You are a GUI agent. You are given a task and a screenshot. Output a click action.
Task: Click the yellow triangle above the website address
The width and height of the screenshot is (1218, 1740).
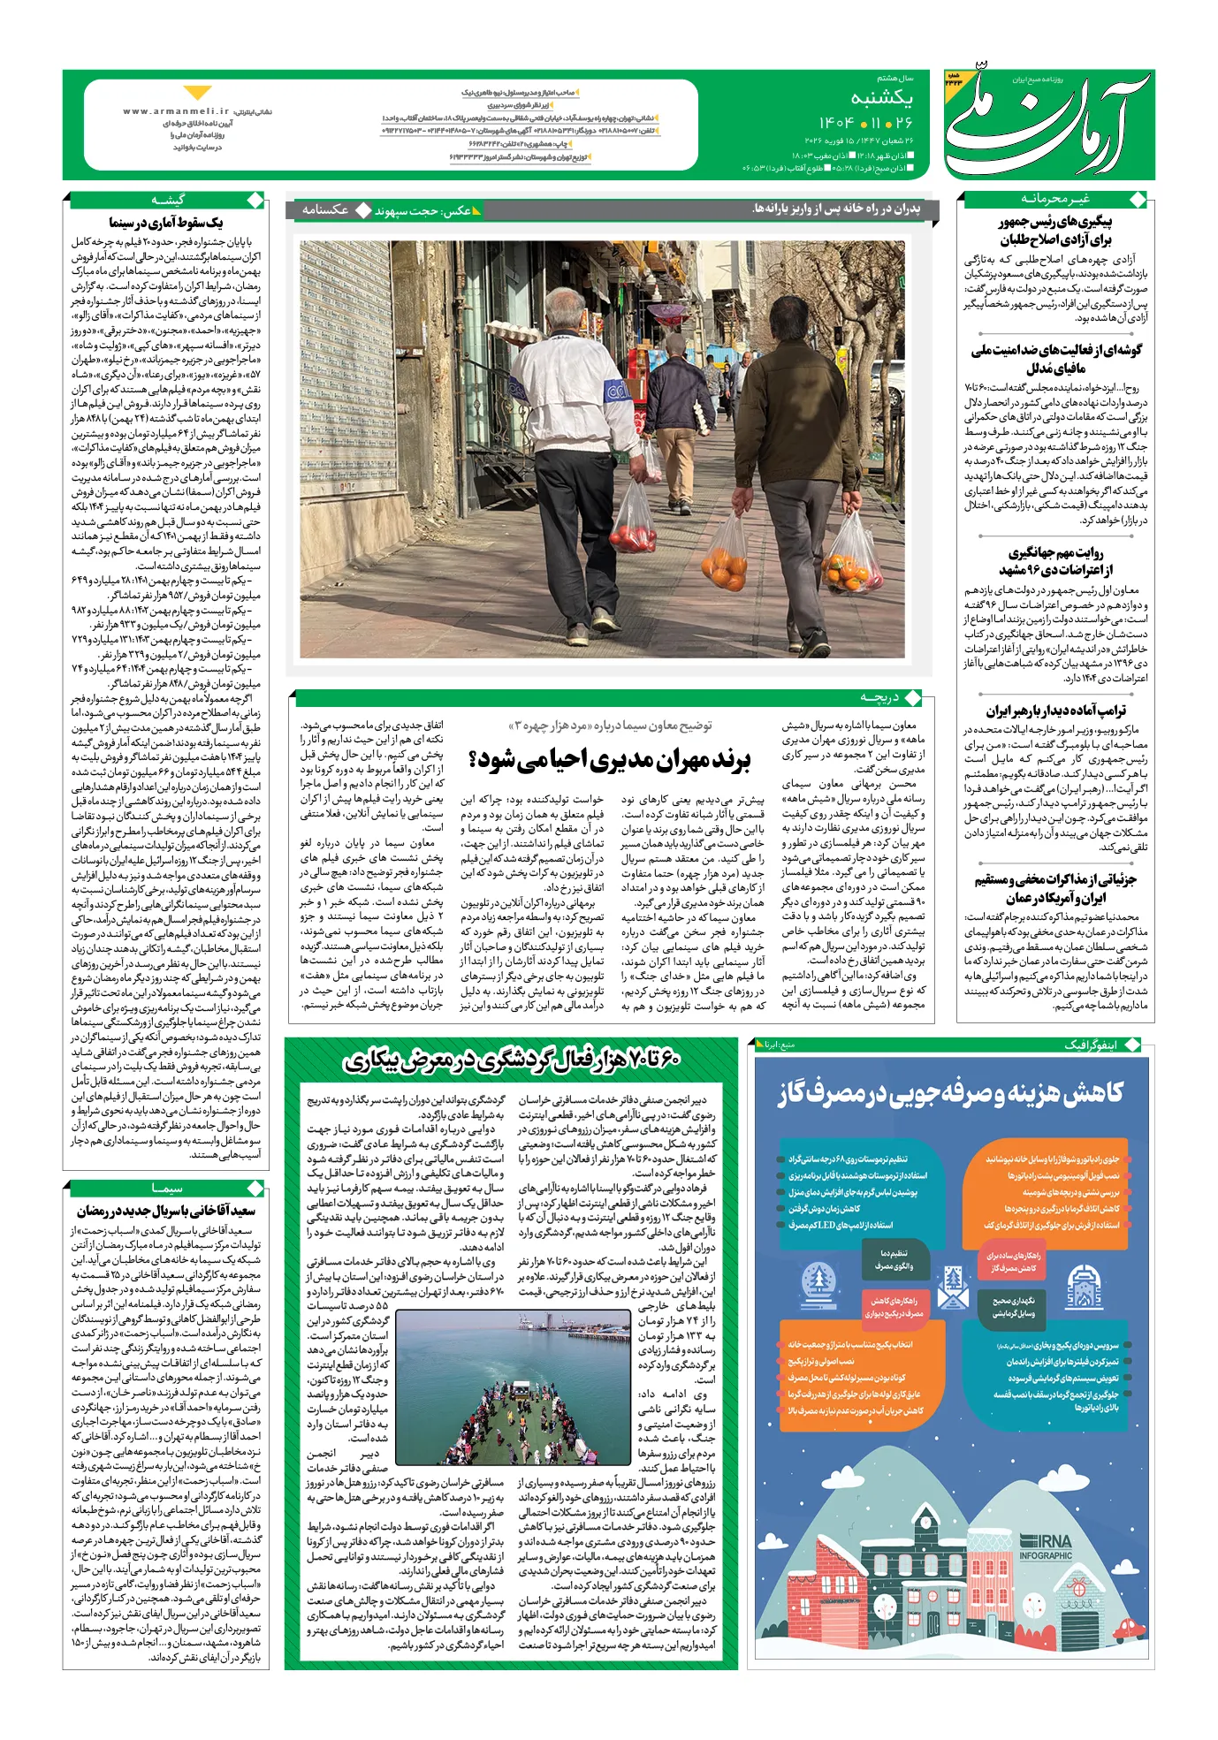(197, 93)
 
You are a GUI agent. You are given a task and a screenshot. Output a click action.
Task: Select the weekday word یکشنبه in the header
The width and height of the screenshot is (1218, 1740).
(881, 98)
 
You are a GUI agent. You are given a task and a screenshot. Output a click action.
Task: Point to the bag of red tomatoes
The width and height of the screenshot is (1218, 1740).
(633, 521)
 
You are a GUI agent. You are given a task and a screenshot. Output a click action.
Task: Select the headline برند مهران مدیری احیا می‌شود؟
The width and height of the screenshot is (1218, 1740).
(610, 759)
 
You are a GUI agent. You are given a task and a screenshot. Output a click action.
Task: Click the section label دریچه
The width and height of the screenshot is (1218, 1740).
(879, 698)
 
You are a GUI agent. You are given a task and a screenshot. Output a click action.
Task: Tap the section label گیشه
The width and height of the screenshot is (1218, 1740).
(168, 201)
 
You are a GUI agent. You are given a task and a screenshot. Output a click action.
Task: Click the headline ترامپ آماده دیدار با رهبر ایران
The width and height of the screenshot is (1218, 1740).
(1055, 710)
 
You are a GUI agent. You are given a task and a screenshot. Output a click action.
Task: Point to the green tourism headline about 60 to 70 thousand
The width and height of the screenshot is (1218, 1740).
(512, 1060)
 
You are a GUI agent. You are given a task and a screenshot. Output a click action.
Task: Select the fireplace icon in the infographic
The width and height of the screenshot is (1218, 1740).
(1085, 1287)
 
